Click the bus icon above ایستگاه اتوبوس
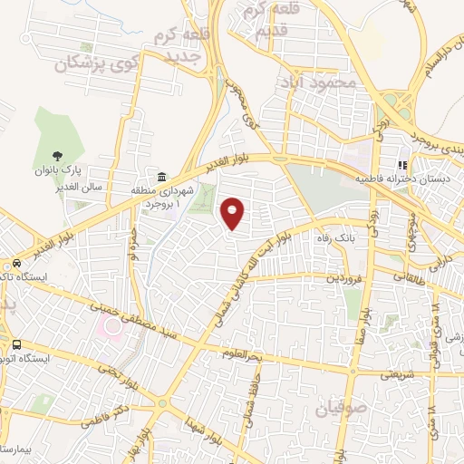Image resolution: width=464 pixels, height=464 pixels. tap(15, 344)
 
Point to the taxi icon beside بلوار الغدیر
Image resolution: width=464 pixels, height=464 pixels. tap(16, 261)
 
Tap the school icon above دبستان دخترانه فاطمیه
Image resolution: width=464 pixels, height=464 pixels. tap(399, 165)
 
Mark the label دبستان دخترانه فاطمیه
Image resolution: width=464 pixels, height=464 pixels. tap(417, 179)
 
